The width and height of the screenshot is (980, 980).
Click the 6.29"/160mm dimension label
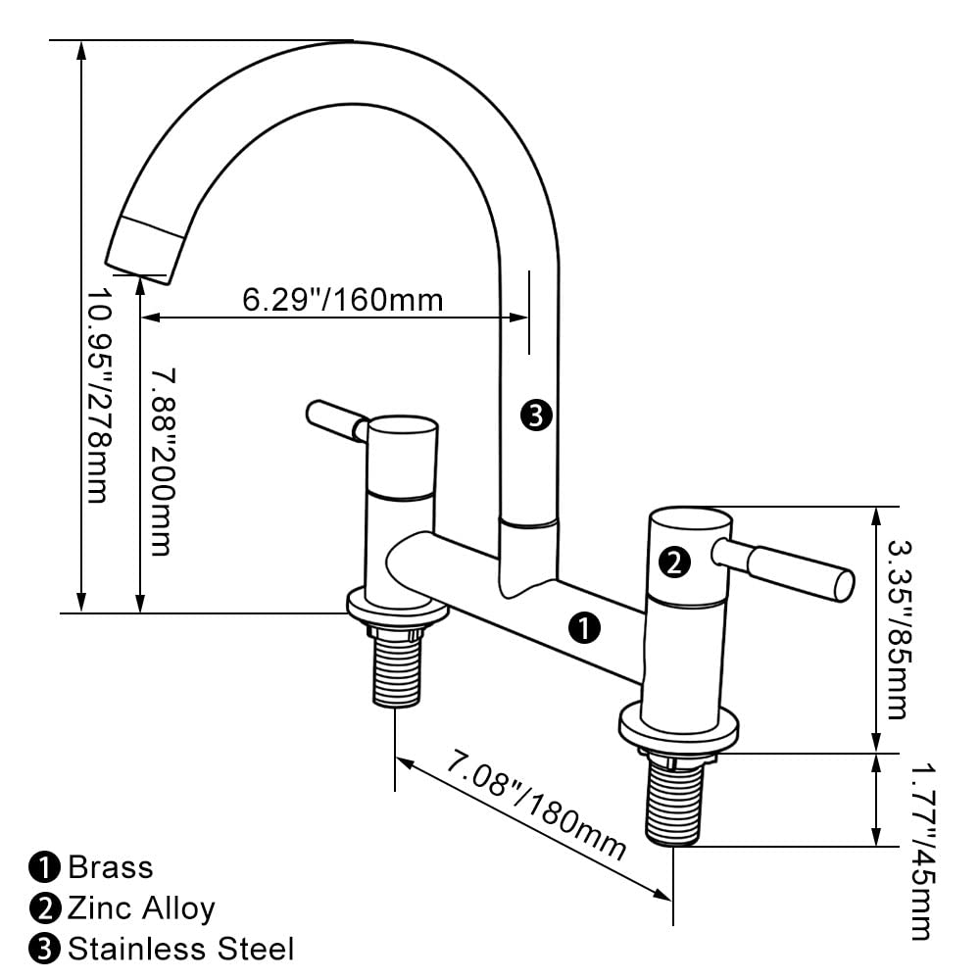(342, 298)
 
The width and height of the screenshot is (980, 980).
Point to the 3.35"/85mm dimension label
(896, 628)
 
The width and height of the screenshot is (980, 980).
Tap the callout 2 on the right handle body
(675, 563)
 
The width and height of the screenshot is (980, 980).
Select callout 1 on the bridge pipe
(585, 628)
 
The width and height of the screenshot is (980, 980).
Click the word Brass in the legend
(111, 867)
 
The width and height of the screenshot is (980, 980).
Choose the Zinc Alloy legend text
(140, 908)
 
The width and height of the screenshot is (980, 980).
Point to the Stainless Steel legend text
(180, 949)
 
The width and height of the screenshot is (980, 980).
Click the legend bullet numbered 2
(45, 908)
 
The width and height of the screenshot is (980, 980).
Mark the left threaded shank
(399, 666)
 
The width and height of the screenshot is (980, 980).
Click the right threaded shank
(673, 799)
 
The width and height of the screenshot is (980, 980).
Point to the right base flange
(678, 730)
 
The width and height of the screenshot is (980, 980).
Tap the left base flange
(397, 609)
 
